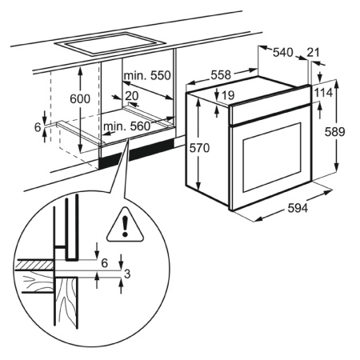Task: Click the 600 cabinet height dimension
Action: (80, 99)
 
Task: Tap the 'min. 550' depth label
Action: (147, 75)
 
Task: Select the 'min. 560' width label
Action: (127, 126)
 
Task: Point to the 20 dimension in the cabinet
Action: (132, 96)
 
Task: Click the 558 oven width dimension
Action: (221, 75)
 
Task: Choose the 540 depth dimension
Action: (283, 53)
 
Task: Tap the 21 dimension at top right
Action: (313, 52)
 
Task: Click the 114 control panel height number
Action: (323, 93)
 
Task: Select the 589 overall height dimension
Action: (334, 132)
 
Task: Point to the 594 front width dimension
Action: (298, 208)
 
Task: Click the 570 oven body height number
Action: (199, 148)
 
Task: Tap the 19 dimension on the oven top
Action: (228, 95)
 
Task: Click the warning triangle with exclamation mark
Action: (126, 226)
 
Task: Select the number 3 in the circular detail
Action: (127, 274)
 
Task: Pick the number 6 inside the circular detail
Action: (105, 263)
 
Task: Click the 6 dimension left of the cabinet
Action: (38, 127)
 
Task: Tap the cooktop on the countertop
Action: (110, 43)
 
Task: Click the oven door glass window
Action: (272, 158)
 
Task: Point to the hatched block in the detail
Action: (34, 265)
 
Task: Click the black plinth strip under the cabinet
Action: (137, 154)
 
